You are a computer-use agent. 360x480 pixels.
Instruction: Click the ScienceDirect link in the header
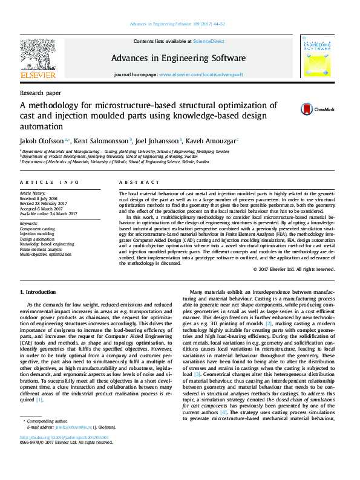pyautogui.click(x=209, y=41)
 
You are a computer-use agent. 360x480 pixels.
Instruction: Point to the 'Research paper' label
pyautogui.click(x=41, y=93)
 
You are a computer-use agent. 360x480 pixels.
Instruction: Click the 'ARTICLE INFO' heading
pyautogui.click(x=50, y=181)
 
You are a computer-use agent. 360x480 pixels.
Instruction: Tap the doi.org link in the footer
pyautogui.click(x=64, y=437)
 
